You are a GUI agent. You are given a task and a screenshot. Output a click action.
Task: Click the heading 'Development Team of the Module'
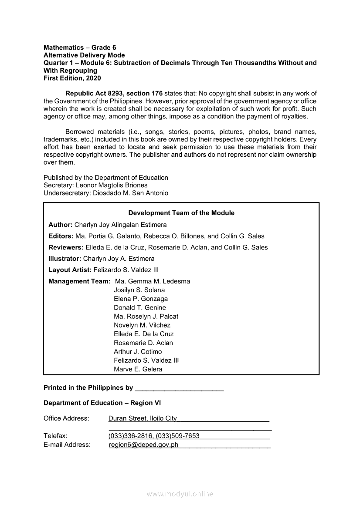pos(181,213)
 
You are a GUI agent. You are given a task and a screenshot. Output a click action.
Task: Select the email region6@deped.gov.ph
pos(143,445)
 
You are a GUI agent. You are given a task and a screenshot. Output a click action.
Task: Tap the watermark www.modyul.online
pos(180,494)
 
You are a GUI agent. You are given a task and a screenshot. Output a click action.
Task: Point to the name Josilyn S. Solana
pos(139,290)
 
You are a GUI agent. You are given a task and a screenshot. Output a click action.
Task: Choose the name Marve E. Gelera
pos(138,369)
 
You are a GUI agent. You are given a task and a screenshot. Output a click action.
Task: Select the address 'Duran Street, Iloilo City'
pos(143,418)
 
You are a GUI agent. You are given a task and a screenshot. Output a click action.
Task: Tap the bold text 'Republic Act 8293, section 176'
pos(114,93)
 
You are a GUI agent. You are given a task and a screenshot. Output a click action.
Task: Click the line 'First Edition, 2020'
pos(72,78)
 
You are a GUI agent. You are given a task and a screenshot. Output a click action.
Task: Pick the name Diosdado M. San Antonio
pos(130,193)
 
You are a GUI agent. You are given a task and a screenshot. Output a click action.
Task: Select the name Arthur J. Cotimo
pos(138,351)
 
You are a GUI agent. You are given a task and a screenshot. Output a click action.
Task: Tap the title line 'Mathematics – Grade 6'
pos(80,47)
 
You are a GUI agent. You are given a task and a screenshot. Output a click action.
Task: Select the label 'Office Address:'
pos(66,418)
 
